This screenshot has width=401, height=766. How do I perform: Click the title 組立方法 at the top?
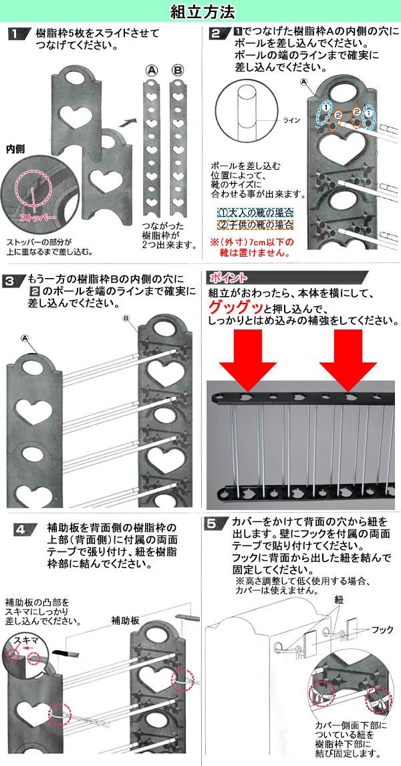click(x=200, y=11)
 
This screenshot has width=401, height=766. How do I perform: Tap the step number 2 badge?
click(x=215, y=34)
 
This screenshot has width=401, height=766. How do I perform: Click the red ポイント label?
click(x=229, y=277)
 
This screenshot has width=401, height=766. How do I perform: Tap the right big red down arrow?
click(x=348, y=362)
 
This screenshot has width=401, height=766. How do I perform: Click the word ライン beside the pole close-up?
click(x=292, y=121)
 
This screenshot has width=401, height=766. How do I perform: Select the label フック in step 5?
click(x=382, y=630)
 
